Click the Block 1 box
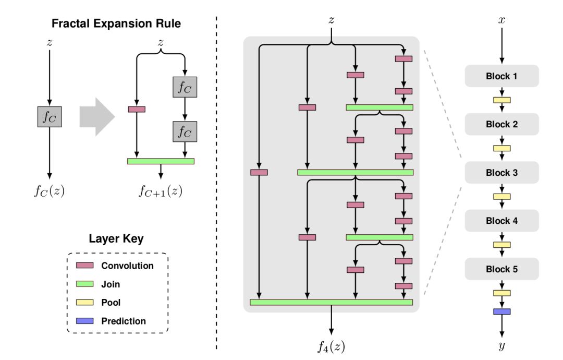pyautogui.click(x=501, y=76)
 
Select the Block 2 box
pyautogui.click(x=501, y=124)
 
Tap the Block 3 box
pyautogui.click(x=501, y=172)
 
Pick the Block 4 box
pyautogui.click(x=501, y=220)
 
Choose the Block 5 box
pyautogui.click(x=501, y=269)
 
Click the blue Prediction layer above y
pyautogui.click(x=501, y=311)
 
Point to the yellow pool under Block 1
pyautogui.click(x=501, y=100)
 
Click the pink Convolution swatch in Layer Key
pyautogui.click(x=84, y=265)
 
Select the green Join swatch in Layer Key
pyautogui.click(x=84, y=284)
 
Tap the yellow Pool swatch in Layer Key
pyautogui.click(x=84, y=303)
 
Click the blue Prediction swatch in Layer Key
pyautogui.click(x=84, y=321)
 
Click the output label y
pyautogui.click(x=501, y=345)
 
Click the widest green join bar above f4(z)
pyautogui.click(x=332, y=302)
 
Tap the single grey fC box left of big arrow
pyautogui.click(x=50, y=117)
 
